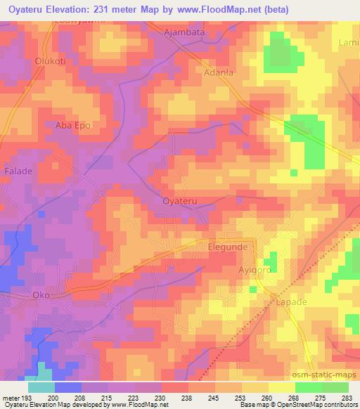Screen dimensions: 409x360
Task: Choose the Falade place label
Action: tap(18, 171)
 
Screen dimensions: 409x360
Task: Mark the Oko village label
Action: tap(41, 295)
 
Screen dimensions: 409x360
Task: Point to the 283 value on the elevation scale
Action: tap(345, 398)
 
